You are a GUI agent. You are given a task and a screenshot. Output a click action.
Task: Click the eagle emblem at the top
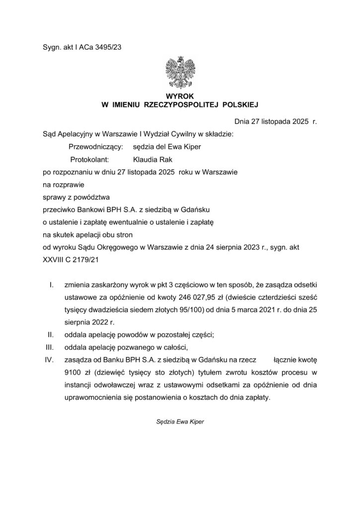point(180,73)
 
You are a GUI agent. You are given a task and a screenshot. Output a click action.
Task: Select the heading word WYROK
point(180,96)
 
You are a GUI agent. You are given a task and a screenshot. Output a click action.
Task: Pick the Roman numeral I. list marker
point(51,285)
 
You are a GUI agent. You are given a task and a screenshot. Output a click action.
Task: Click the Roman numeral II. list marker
point(50,334)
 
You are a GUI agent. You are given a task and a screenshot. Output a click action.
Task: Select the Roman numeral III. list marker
point(50,346)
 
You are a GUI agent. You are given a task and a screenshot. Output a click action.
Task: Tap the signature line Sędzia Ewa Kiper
point(180,421)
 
